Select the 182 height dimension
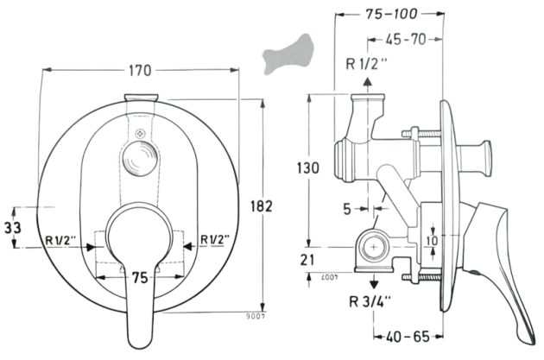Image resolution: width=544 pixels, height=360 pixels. pyautogui.click(x=263, y=206)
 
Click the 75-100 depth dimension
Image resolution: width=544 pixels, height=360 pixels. pyautogui.click(x=390, y=14)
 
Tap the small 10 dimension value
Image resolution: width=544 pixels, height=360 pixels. pyautogui.click(x=434, y=239)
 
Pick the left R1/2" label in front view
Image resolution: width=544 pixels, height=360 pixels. pyautogui.click(x=62, y=240)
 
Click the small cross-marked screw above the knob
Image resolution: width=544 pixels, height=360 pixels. pyautogui.click(x=141, y=135)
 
